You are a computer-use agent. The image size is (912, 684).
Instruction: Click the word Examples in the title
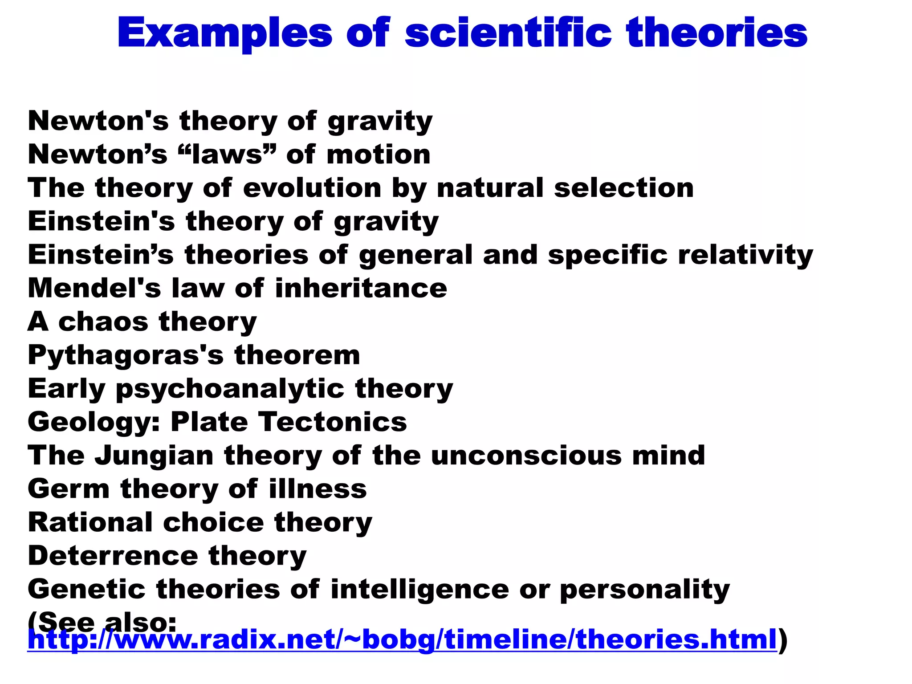click(225, 33)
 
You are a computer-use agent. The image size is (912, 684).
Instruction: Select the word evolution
click(312, 187)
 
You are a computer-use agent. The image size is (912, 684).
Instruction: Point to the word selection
click(624, 187)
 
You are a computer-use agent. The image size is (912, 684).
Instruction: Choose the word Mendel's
click(94, 288)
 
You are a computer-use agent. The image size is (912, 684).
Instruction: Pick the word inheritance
click(361, 288)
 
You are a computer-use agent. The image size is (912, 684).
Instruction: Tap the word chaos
click(103, 322)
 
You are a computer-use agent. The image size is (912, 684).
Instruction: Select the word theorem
click(297, 355)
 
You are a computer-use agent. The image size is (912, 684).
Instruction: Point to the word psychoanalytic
click(230, 389)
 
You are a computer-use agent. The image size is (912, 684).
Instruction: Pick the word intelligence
click(419, 590)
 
